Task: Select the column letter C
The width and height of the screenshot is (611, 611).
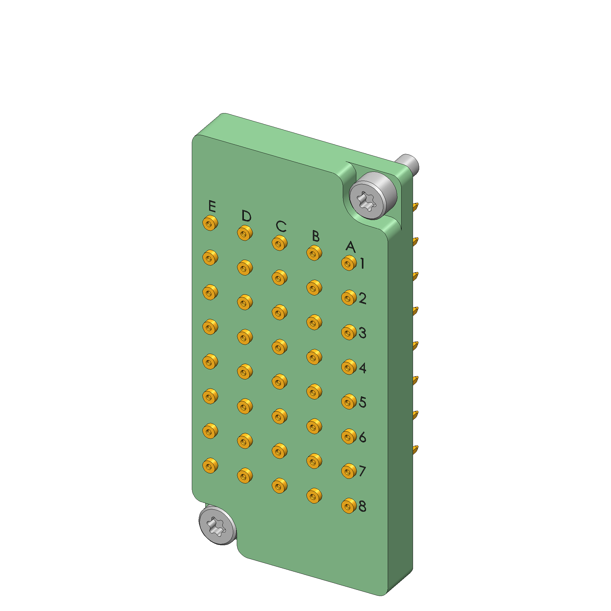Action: click(281, 226)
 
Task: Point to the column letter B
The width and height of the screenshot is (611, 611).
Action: click(315, 236)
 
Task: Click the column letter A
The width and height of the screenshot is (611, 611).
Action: click(350, 247)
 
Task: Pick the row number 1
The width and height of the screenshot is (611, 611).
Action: click(362, 263)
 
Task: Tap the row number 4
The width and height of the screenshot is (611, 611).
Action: click(362, 367)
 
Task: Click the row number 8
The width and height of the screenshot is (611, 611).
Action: click(362, 506)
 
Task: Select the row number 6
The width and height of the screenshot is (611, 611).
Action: click(362, 437)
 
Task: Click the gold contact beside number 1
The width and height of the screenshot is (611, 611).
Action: click(349, 263)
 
